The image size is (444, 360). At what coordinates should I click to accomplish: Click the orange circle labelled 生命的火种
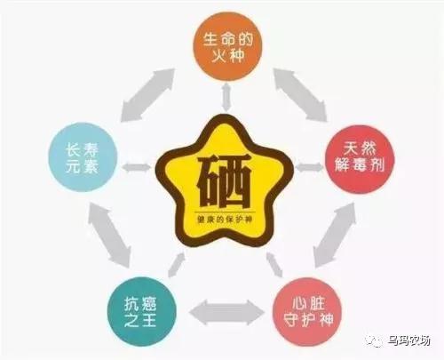(x=227, y=46)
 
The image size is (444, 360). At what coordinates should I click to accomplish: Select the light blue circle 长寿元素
(x=83, y=156)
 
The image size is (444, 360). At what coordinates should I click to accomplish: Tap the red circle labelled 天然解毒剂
(x=360, y=159)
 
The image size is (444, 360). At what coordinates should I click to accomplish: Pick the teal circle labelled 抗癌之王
(x=142, y=311)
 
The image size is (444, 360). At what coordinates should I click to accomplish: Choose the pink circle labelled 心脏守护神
(x=307, y=312)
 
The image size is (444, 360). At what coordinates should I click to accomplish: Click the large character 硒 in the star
(x=224, y=181)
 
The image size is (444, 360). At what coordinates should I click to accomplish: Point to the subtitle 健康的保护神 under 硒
(x=225, y=220)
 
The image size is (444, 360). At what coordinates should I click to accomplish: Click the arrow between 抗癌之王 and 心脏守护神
(x=226, y=313)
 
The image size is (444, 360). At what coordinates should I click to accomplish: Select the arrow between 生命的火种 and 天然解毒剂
(x=300, y=95)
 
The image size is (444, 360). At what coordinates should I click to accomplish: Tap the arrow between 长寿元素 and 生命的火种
(x=147, y=95)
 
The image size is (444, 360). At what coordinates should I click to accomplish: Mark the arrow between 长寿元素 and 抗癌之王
(x=109, y=235)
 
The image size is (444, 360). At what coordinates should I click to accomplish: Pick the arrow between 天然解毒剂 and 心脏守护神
(x=335, y=235)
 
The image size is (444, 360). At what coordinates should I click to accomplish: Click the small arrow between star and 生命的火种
(x=226, y=97)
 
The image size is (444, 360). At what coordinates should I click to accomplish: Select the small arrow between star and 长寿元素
(x=137, y=167)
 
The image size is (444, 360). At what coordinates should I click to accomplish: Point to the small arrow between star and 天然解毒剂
(x=309, y=167)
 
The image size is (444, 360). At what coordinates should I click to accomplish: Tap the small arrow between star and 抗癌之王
(x=177, y=265)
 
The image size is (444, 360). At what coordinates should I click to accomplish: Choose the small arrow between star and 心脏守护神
(x=274, y=265)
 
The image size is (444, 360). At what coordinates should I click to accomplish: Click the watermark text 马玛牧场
(x=408, y=340)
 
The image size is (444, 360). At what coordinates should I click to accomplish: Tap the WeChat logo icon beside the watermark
(x=375, y=341)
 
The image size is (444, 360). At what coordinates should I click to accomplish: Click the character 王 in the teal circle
(x=150, y=320)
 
